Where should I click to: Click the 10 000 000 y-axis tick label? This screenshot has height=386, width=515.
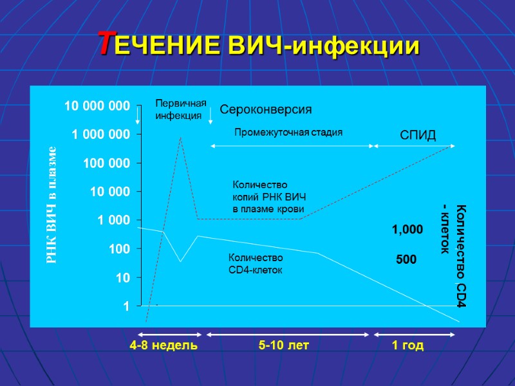click(96, 105)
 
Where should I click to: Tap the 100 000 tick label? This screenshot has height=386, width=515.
click(105, 163)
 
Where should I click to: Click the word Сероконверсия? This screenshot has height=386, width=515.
click(266, 110)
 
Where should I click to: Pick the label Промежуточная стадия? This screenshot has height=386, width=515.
click(288, 133)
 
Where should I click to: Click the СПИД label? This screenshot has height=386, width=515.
click(418, 135)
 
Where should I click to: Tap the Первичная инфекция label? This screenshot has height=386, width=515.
click(181, 109)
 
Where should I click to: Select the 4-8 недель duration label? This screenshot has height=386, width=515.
click(164, 346)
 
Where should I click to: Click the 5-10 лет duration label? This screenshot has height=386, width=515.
click(284, 346)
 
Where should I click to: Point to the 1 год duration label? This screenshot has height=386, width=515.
click(408, 346)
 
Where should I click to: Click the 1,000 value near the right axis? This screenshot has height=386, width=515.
click(407, 230)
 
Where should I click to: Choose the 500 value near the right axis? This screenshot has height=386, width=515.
click(406, 260)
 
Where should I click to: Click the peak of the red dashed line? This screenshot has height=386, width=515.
click(180, 137)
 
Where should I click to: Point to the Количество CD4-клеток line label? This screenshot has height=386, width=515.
click(256, 264)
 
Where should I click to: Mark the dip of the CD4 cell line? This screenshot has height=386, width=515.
click(180, 261)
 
